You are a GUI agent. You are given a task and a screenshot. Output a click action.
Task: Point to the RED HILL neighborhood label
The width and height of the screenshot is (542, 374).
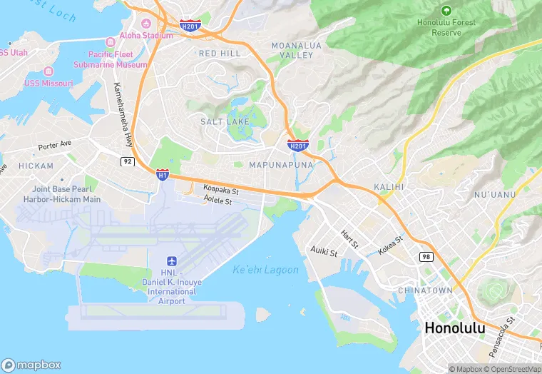pyautogui.click(x=220, y=54)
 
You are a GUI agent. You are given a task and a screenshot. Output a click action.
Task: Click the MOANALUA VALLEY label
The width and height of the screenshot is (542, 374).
pyautogui.click(x=292, y=50)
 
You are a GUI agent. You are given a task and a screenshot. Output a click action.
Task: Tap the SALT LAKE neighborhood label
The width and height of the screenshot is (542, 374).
pyautogui.click(x=224, y=122)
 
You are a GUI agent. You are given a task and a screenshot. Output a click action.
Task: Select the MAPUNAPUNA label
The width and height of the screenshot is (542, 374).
pyautogui.click(x=281, y=165)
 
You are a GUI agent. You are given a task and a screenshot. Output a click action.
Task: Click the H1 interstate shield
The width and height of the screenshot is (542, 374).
pyautogui.click(x=163, y=173)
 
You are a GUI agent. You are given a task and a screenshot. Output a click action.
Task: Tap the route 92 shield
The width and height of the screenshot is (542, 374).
pyautogui.click(x=127, y=162)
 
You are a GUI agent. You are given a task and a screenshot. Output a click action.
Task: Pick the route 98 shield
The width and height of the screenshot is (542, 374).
pyautogui.click(x=426, y=256)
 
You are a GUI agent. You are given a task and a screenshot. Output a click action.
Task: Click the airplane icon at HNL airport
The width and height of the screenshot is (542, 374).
pyautogui.click(x=172, y=263)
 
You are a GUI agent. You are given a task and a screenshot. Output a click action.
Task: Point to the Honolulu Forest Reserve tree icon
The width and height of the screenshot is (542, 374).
pyautogui.click(x=446, y=11)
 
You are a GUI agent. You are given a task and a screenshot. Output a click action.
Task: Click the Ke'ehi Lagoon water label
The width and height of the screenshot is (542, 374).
pyautogui.click(x=266, y=270)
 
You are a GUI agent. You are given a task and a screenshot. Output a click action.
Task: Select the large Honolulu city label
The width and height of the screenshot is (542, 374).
pyautogui.click(x=454, y=328)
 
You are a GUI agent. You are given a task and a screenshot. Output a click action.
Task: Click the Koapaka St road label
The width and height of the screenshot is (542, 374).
pyautogui.click(x=220, y=191)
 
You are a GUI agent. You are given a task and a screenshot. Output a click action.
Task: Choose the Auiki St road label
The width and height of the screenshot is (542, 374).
pyautogui.click(x=324, y=251)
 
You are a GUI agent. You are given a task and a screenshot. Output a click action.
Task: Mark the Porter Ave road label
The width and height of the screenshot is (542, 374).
pyautogui.click(x=55, y=144)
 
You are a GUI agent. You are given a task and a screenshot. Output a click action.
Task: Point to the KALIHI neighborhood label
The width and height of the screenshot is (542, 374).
pyautogui.click(x=389, y=186)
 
